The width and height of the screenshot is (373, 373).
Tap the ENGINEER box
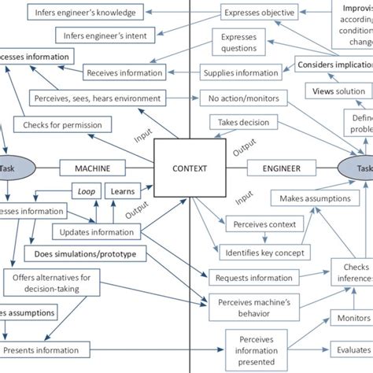point(276,168)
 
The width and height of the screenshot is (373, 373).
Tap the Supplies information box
point(241,74)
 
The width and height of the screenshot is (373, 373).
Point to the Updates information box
point(97,231)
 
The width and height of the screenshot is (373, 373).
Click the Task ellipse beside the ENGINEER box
point(359,167)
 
